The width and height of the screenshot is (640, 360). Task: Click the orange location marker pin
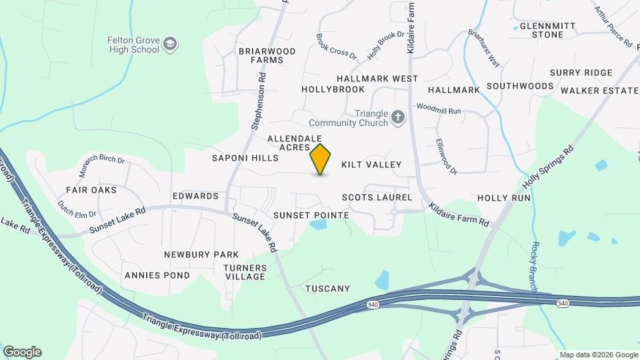pyautogui.click(x=321, y=159)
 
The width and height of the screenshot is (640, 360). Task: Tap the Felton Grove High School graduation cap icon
pyautogui.click(x=171, y=45)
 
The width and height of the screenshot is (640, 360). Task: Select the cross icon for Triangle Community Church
pyautogui.click(x=398, y=118)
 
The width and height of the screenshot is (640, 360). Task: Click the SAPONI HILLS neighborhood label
pyautogui.click(x=245, y=159)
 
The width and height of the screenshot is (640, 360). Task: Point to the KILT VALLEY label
pyautogui.click(x=371, y=165)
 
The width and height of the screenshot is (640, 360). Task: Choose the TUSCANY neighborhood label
pyautogui.click(x=327, y=289)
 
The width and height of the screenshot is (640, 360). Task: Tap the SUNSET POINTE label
pyautogui.click(x=311, y=215)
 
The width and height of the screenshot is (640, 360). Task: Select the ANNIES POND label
pyautogui.click(x=147, y=275)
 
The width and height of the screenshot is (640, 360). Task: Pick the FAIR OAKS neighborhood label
pyautogui.click(x=91, y=190)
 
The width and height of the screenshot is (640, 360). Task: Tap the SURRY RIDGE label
pyautogui.click(x=581, y=73)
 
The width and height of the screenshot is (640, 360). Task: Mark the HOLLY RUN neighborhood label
pyautogui.click(x=504, y=198)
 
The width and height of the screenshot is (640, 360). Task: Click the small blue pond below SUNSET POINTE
pyautogui.click(x=318, y=225)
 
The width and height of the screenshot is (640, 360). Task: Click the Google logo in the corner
pyautogui.click(x=22, y=352)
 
